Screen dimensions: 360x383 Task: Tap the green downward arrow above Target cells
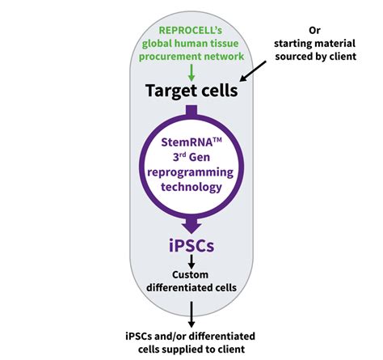191,71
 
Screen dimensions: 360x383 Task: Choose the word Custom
191,277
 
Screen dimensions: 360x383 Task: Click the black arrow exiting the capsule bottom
191,314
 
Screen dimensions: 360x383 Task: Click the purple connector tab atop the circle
191,109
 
